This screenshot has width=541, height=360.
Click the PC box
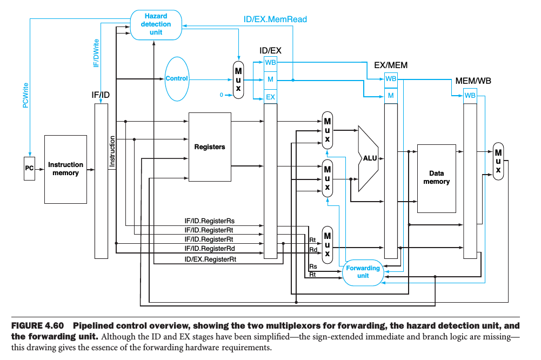click(29, 169)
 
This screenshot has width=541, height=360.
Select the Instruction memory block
click(65, 169)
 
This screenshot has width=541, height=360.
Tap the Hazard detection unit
click(156, 24)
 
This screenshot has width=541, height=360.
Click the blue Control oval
click(177, 78)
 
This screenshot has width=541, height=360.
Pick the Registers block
click(210, 146)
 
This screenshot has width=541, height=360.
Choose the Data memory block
click(436, 178)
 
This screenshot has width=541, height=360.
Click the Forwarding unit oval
click(363, 271)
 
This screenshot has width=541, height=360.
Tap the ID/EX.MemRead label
click(275, 19)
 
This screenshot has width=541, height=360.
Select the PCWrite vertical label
click(25, 95)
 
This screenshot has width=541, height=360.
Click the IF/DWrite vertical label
click(96, 53)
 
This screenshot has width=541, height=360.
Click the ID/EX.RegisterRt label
click(210, 259)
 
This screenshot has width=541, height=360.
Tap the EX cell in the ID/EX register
click(270, 97)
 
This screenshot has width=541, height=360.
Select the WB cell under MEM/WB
click(470, 95)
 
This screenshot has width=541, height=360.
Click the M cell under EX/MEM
click(390, 95)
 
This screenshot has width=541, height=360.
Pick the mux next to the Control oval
click(238, 80)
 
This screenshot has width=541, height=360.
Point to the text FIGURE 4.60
click(37, 326)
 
